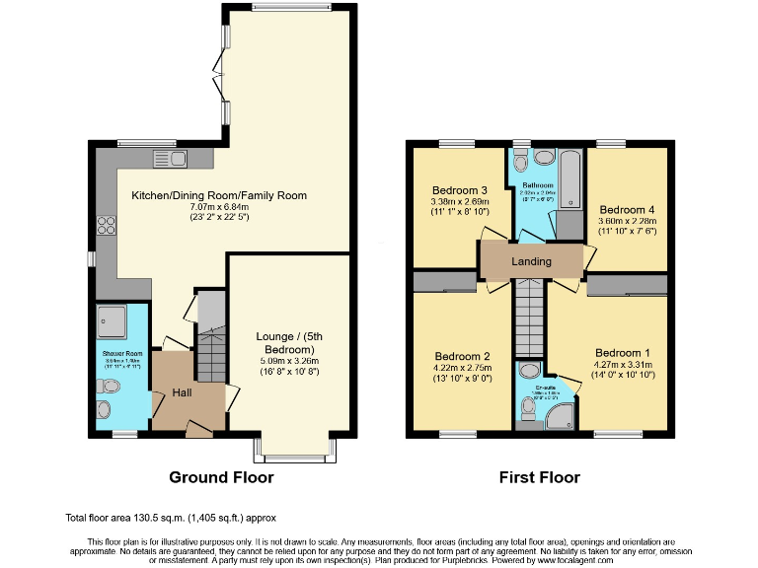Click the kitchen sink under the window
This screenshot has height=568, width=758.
164,158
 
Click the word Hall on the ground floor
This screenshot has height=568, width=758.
182,392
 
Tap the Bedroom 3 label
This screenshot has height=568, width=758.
460,189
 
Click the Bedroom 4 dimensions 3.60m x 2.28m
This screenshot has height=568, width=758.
627,222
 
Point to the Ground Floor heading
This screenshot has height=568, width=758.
221,478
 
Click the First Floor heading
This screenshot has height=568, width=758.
539,478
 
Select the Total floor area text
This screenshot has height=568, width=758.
170,517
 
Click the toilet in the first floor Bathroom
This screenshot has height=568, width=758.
544,157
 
